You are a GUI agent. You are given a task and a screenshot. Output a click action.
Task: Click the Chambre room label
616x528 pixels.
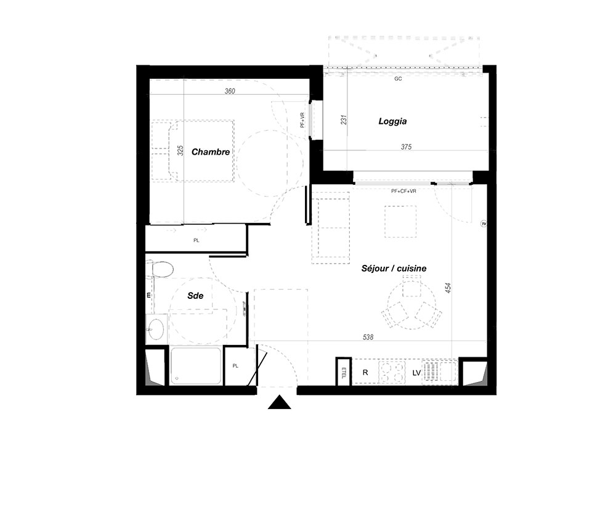point(211,152)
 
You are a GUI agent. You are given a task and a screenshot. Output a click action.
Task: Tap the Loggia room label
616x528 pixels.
point(392,121)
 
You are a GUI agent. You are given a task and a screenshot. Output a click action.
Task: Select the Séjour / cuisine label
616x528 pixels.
point(394,269)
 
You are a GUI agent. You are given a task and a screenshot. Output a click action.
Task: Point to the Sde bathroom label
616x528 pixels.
point(195,296)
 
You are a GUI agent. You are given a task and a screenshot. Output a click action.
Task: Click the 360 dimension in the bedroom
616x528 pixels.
point(230,91)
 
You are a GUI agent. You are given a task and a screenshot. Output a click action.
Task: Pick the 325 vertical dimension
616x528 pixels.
point(180,150)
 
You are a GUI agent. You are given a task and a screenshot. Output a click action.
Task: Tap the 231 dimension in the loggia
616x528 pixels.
point(344,120)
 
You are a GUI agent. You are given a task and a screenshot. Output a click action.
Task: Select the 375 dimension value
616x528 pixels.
point(406,147)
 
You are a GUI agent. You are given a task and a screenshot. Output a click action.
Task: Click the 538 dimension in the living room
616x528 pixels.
point(368,337)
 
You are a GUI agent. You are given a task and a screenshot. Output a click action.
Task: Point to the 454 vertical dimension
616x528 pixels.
point(448,288)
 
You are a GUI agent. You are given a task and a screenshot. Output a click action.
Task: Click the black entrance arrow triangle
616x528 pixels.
point(279,403)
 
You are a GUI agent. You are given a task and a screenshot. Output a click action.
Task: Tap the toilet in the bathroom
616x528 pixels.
point(160,269)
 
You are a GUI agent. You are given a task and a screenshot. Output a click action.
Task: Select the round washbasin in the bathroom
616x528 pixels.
point(156,329)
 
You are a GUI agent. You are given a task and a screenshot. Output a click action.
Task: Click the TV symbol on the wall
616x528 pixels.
point(484,224)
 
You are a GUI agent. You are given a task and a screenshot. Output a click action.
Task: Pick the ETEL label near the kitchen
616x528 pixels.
point(344,372)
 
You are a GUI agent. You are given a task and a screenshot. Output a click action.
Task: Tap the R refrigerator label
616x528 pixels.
point(365,372)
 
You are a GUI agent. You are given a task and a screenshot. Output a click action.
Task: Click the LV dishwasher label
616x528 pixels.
point(416,373)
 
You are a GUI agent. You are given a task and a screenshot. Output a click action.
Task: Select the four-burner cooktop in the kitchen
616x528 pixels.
point(392,372)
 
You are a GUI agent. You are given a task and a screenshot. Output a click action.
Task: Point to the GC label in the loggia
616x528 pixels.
point(398,79)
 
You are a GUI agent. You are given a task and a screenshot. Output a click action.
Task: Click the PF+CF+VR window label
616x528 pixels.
point(403,192)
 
